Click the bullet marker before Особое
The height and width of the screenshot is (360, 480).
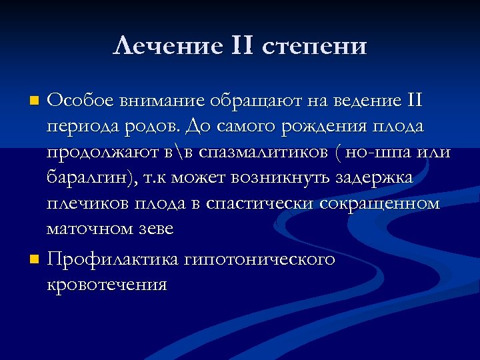(35, 101)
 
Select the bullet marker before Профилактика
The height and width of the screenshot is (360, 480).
(35, 259)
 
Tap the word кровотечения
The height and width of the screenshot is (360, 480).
(106, 285)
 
